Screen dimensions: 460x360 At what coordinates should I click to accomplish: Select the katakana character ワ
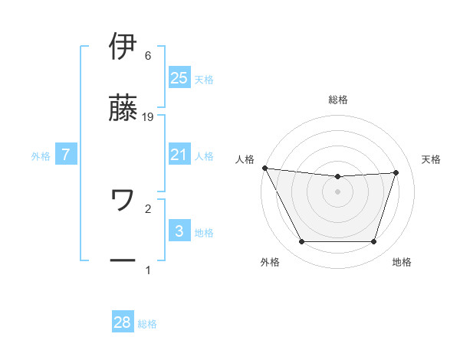coord(123,201)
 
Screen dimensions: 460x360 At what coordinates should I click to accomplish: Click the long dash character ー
coord(123,261)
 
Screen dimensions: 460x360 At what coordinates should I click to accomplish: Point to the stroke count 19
coord(149,116)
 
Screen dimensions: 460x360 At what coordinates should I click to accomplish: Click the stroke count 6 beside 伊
coord(148,56)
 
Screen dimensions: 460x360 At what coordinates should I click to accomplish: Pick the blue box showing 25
coord(179,77)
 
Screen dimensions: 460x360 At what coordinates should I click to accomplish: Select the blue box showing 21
coord(179,155)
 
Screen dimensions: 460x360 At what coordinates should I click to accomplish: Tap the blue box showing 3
coord(179,231)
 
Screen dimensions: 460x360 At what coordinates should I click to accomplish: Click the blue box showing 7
coord(66,155)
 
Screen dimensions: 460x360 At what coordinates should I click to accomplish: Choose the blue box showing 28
coord(123,322)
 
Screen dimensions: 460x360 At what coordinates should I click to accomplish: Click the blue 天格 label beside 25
coord(204,79)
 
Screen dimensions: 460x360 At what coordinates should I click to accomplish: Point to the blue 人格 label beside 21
coord(204,156)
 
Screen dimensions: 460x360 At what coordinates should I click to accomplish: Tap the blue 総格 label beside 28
coord(147,324)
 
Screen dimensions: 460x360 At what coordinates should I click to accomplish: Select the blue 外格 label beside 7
coord(41,156)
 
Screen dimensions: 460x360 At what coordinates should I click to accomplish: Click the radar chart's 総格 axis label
coord(338,100)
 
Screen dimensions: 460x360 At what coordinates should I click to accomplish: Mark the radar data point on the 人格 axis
coord(264,168)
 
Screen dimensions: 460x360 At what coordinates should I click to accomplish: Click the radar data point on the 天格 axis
coord(396,172)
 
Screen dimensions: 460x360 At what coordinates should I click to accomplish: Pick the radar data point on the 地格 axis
coord(374,242)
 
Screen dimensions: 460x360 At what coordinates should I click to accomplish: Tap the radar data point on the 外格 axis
coord(301,242)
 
